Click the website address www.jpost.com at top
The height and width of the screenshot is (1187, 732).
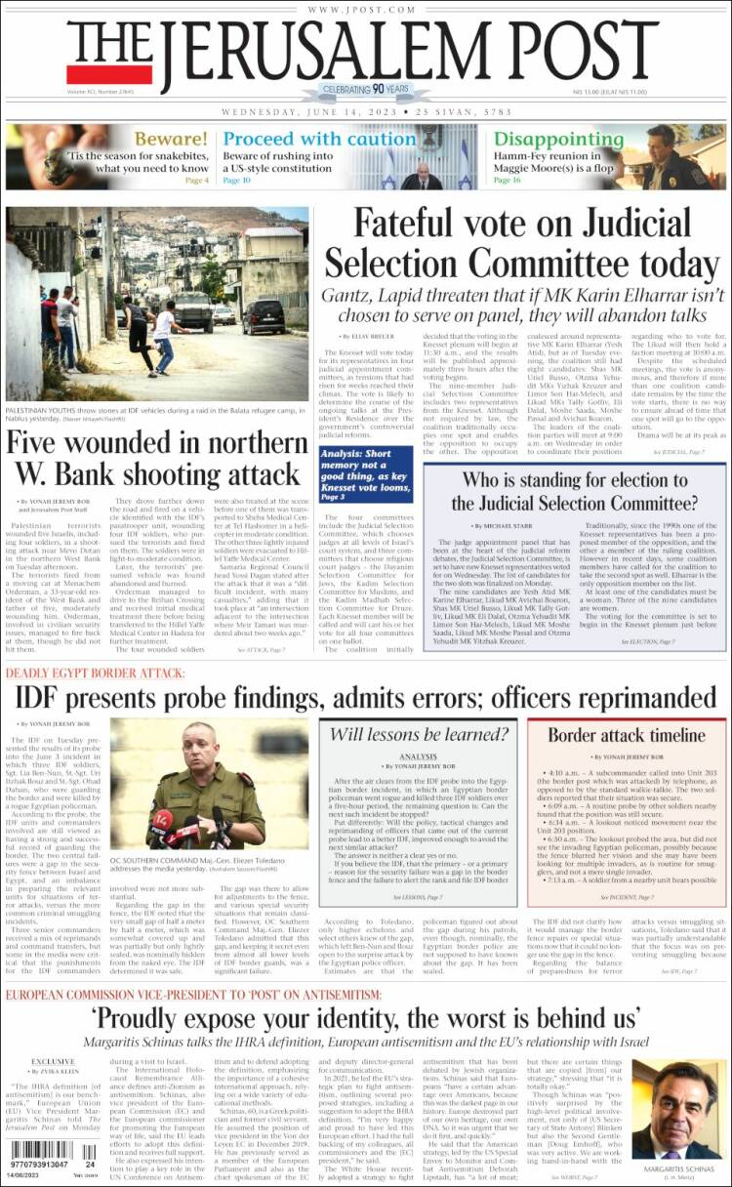pos(365,10)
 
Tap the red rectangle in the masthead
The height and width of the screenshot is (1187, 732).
pos(109,74)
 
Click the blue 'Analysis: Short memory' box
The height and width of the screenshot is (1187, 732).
pos(369,474)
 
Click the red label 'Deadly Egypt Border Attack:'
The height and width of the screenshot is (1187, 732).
pos(96,674)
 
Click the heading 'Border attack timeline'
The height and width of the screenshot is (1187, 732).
pos(626,735)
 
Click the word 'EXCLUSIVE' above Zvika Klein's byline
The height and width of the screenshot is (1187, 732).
pos(53,1061)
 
